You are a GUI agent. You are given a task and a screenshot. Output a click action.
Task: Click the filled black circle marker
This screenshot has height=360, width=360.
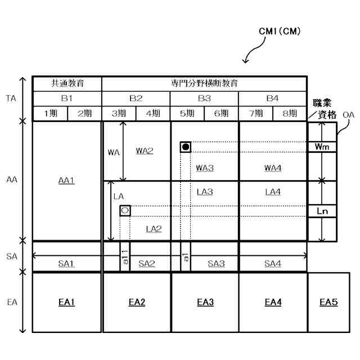[186, 147]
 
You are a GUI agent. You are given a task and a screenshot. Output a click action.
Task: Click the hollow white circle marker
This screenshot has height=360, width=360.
[125, 211]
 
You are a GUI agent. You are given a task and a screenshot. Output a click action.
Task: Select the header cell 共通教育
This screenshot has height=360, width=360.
[67, 83]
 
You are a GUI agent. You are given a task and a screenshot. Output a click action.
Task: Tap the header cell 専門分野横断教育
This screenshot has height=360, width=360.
[204, 83]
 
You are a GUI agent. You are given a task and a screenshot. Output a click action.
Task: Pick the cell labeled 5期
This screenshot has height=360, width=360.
[187, 113]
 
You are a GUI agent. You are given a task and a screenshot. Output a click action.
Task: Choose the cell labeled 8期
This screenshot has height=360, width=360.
[290, 113]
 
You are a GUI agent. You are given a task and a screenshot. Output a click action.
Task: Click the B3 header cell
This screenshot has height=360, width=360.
[204, 98]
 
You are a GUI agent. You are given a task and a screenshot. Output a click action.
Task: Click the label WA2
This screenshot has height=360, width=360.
[145, 151]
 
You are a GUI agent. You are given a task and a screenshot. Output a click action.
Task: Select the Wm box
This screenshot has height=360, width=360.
[322, 147]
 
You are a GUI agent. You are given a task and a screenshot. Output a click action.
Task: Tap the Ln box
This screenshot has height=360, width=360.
[322, 211]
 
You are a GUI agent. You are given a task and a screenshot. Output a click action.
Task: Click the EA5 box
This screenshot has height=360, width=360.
[328, 303]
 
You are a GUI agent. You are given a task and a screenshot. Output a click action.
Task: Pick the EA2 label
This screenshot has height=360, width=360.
[136, 303]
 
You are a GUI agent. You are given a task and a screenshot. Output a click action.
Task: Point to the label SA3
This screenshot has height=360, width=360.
[217, 264]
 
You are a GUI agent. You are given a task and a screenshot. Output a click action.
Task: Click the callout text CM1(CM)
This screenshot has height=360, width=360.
[280, 32]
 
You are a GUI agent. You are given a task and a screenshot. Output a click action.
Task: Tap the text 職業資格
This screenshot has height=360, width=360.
[323, 109]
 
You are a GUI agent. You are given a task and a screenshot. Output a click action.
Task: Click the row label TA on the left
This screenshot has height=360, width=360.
[11, 98]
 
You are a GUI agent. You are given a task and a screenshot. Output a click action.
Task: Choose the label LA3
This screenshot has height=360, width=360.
[205, 192]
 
